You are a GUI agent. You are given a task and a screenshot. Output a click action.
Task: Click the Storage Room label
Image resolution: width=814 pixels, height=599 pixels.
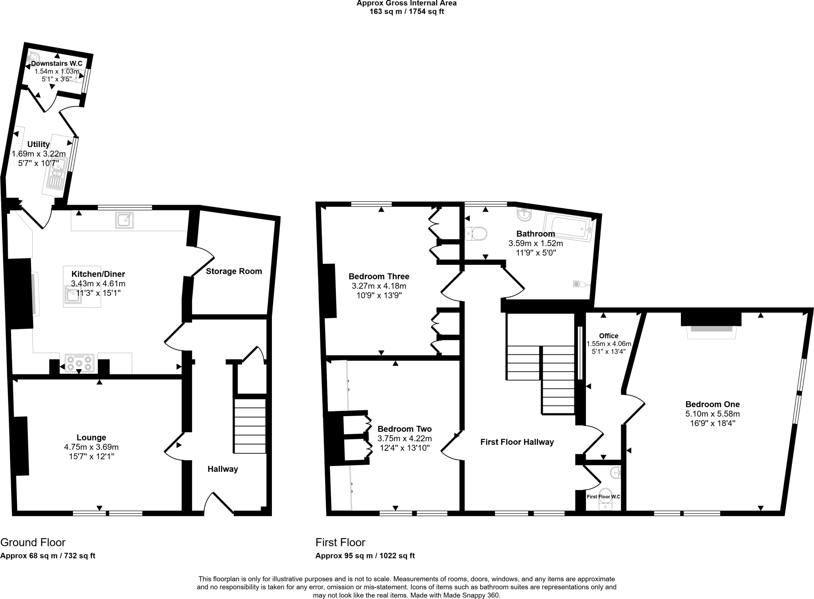(x=234, y=271)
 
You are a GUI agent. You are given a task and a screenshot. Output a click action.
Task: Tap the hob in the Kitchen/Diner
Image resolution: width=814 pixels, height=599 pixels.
(x=79, y=363)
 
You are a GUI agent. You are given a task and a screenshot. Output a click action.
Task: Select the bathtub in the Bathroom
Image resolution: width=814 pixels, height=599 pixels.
(x=568, y=227)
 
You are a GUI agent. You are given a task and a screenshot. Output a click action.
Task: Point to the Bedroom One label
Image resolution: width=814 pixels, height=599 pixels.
(x=712, y=404)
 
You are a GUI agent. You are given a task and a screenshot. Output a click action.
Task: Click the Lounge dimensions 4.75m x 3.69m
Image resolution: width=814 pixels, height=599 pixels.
(x=91, y=447)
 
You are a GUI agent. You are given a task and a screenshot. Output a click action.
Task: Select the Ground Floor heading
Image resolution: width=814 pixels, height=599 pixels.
(x=33, y=542)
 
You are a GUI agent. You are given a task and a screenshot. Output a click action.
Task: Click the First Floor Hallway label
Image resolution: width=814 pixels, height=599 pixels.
(x=517, y=442)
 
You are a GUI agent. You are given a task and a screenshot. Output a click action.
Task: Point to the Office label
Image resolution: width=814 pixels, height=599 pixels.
(x=609, y=336)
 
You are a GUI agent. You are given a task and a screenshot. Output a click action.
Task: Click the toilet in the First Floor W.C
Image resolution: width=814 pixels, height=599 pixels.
(x=606, y=499)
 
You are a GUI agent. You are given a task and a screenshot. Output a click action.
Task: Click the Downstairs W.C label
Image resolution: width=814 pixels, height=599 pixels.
(x=57, y=64)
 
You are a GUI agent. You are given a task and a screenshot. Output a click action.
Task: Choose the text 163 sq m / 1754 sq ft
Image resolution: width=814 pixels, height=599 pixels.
(x=407, y=12)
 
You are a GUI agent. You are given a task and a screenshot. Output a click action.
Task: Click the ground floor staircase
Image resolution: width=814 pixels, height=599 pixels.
(x=250, y=426)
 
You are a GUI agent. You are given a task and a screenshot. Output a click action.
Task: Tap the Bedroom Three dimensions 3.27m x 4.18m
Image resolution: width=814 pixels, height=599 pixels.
(x=379, y=286)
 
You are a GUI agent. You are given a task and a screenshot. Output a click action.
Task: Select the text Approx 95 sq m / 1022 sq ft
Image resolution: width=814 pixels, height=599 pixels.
(x=365, y=556)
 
